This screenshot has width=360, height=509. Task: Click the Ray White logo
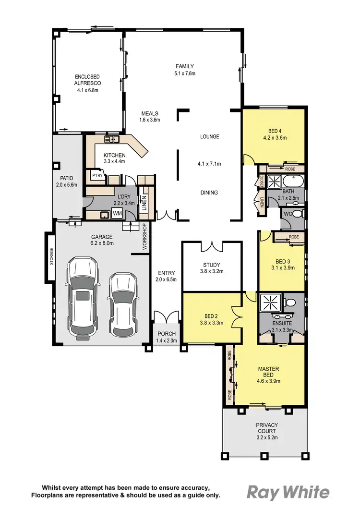coord(288,492)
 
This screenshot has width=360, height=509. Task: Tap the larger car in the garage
coord(83,297)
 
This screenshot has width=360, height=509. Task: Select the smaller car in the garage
coord(120,304)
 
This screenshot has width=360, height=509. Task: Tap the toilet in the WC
coord(297,214)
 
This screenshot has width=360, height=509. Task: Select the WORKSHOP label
coord(144,236)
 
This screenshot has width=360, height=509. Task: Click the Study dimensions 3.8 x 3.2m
coord(211,271)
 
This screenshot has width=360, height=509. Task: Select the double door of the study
coord(211,247)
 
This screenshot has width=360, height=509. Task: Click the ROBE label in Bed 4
coord(289,169)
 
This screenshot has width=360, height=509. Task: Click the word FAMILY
coord(185,66)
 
